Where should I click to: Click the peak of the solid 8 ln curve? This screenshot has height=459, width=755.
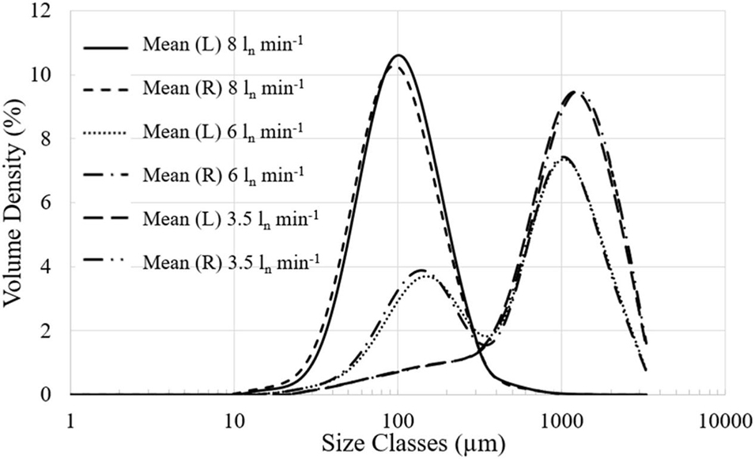[398, 55]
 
